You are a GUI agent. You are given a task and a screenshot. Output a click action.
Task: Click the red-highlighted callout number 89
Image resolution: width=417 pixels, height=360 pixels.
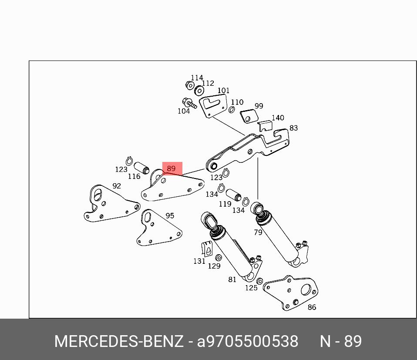click(171, 168)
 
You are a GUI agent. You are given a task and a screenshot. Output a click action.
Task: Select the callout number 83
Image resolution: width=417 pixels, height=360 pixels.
click(293, 128)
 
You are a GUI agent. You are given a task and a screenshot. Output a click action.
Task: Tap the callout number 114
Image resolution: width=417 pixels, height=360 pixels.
click(197, 77)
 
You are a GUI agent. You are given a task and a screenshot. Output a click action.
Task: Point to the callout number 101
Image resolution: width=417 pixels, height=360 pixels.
click(223, 91)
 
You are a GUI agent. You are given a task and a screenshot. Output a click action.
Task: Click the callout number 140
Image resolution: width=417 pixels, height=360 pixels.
click(278, 118)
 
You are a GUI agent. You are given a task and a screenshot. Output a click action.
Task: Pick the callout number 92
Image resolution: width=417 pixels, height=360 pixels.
click(117, 186)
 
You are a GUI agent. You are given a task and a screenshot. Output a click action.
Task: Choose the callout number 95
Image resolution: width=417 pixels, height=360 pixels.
click(170, 215)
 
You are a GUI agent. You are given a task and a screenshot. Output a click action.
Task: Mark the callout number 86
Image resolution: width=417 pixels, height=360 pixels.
click(312, 307)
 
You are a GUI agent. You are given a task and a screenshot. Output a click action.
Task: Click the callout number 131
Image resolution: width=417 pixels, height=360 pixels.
click(199, 261)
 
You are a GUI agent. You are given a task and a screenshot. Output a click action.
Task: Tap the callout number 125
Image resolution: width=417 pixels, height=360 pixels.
click(251, 288)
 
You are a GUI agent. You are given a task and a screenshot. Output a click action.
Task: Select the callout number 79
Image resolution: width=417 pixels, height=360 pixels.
click(258, 232)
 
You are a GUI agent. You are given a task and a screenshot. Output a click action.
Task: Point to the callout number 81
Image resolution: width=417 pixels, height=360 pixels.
click(232, 279)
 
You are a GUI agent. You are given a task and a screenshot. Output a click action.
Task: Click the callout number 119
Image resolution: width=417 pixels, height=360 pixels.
click(225, 204)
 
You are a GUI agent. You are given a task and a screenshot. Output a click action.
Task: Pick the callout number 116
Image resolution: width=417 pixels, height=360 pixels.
click(134, 176)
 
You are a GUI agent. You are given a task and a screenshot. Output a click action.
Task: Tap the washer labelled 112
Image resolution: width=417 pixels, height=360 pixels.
click(200, 91)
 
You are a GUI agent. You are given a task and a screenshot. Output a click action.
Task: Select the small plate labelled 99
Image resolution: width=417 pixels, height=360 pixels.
click(250, 117)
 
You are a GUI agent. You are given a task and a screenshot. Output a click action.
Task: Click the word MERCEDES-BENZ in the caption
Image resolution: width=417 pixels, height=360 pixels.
click(118, 341)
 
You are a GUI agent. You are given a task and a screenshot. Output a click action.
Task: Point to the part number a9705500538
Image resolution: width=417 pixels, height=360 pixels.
click(248, 341)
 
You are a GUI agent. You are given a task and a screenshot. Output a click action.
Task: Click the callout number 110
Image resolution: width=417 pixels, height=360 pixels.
click(237, 102)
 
